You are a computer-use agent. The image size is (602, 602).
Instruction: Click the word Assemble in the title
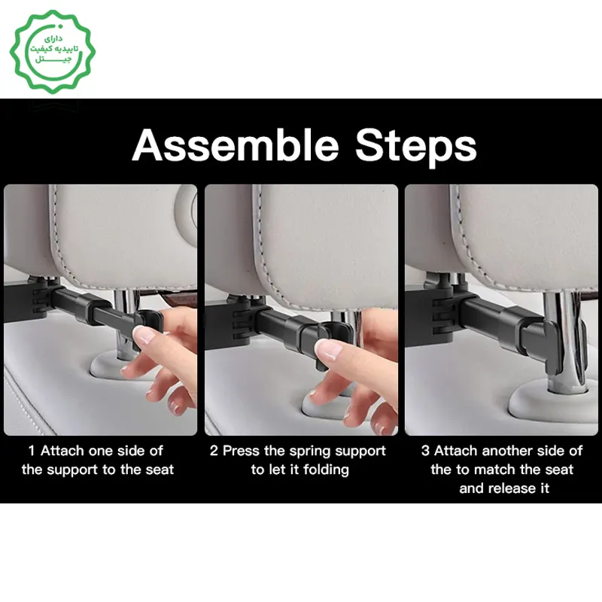click(x=236, y=146)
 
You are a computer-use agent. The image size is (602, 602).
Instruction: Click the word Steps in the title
click(x=416, y=148)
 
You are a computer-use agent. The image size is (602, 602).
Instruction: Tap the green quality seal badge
click(x=53, y=51)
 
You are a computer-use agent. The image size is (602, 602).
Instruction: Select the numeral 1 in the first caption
click(x=32, y=451)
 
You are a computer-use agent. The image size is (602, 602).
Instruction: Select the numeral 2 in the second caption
click(x=214, y=451)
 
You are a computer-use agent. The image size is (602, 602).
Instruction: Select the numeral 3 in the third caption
click(x=425, y=451)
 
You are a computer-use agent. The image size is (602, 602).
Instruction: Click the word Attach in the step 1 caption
click(x=62, y=451)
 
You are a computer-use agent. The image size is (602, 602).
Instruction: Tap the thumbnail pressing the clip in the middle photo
click(x=327, y=350)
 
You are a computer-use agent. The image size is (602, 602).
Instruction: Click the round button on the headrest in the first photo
click(x=187, y=208)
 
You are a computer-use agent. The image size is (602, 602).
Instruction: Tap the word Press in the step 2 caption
click(x=241, y=451)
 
